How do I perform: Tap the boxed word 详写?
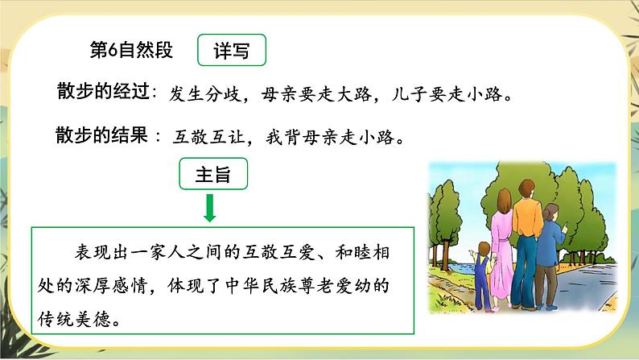(x=232, y=52)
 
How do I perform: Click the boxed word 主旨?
(x=212, y=175)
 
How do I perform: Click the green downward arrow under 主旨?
(x=210, y=208)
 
